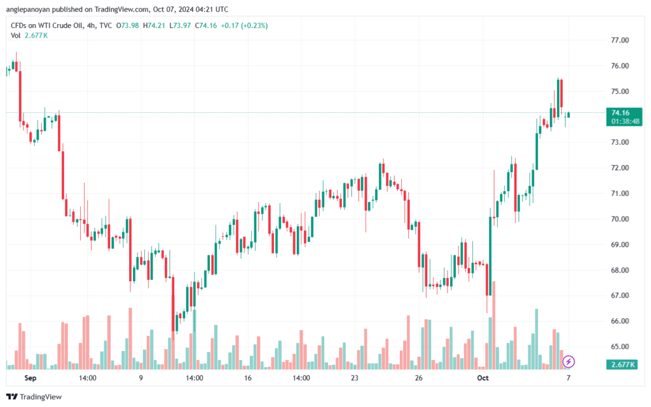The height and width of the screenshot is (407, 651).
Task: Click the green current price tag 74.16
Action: click(x=620, y=113)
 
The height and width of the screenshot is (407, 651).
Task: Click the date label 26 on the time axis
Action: click(x=419, y=378)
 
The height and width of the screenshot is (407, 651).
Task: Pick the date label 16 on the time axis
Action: click(x=247, y=378)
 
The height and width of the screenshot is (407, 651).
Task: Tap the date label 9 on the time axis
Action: click(x=140, y=378)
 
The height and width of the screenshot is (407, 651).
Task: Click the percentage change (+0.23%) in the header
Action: click(x=253, y=25)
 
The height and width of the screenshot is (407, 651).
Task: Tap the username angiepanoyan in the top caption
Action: click(x=33, y=10)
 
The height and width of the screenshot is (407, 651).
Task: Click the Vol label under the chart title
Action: click(x=16, y=36)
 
